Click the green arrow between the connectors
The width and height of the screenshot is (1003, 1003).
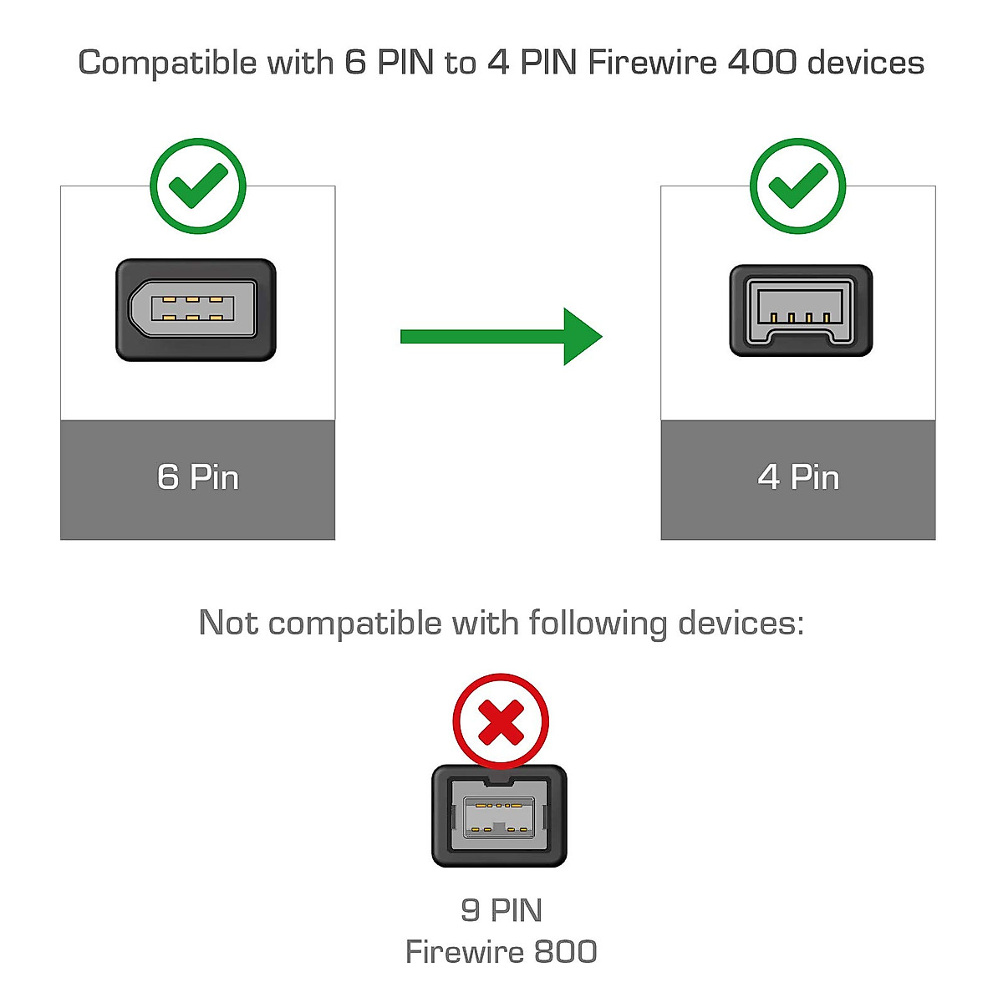coord(501,336)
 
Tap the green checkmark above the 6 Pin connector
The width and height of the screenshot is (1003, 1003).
coord(198,186)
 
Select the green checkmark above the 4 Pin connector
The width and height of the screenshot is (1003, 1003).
coord(797,186)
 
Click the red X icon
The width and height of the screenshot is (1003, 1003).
coord(501,721)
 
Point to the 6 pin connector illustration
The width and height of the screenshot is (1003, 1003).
coord(196,309)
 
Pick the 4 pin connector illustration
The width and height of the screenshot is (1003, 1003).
coord(801,311)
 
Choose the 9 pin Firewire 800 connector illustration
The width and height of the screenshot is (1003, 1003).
coord(499,816)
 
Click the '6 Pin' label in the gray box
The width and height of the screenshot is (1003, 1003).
coord(198,477)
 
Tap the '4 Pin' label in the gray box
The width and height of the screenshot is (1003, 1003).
coord(798,477)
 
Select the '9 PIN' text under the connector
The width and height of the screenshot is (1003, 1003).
coord(501,910)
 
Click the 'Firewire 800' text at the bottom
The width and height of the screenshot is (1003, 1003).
coord(501,952)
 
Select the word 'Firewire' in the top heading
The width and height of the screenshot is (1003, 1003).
coord(652,63)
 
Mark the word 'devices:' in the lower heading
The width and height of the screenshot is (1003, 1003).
coord(741,624)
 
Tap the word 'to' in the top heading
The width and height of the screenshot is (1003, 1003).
coord(460,63)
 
